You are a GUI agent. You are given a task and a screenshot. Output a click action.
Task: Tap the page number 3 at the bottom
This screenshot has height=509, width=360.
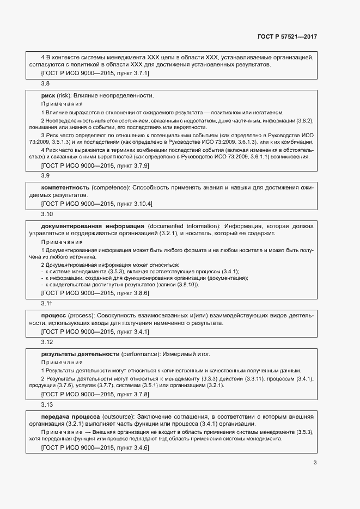click(x=315, y=463)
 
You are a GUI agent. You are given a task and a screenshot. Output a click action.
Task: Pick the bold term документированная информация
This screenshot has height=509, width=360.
click(x=92, y=225)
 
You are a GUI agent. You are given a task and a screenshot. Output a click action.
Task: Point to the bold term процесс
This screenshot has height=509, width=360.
click(x=53, y=315)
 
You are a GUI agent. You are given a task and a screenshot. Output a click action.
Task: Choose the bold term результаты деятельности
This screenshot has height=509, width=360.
click(x=80, y=354)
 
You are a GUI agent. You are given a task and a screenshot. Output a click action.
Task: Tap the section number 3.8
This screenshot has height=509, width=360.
click(x=46, y=83)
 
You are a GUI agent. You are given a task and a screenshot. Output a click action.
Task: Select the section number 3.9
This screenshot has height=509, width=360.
click(x=46, y=175)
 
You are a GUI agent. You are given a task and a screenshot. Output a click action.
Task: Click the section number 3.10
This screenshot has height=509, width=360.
click(x=47, y=214)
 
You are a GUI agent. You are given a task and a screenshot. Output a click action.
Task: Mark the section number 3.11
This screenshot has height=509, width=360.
click(x=47, y=303)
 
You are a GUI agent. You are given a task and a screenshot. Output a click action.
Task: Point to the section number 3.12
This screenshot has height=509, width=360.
click(x=47, y=342)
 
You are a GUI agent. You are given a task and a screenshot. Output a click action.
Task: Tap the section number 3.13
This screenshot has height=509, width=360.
click(x=47, y=404)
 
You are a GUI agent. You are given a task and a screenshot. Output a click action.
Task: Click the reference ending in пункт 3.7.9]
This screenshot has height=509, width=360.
click(x=95, y=164)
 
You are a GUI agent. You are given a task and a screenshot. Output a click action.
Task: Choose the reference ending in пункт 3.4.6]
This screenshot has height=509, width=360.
click(x=95, y=447)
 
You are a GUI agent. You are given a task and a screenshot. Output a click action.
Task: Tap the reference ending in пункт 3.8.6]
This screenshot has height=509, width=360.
click(x=95, y=292)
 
